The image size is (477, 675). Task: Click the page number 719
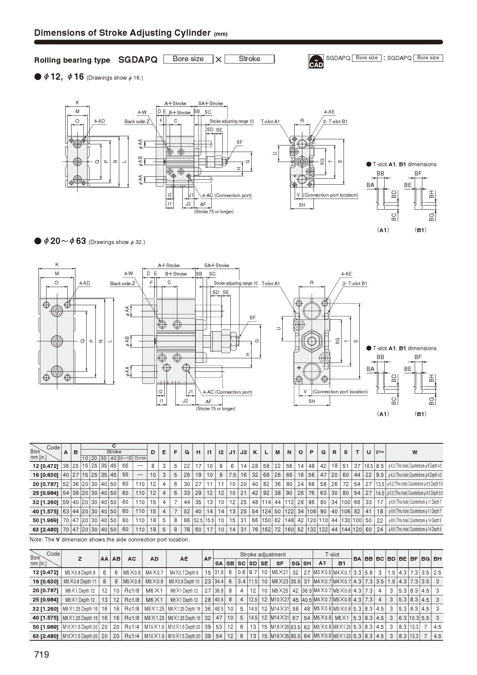[42, 655]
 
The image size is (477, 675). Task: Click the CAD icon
[316, 61]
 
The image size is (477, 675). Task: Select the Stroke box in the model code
[249, 59]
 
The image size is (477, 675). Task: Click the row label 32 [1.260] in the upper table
[45, 502]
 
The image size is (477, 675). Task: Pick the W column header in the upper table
[414, 452]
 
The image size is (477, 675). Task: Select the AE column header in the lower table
[184, 559]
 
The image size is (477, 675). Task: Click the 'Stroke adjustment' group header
[263, 555]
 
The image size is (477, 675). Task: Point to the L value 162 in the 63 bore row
[266, 530]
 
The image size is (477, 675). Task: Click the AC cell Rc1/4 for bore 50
[132, 627]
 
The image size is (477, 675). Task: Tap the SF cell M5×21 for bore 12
[280, 573]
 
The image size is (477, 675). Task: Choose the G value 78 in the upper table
[187, 530]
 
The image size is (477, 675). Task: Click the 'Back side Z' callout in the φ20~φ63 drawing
[122, 284]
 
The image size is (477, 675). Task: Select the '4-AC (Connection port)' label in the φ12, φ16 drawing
[227, 195]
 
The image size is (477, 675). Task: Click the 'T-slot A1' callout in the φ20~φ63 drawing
[271, 284]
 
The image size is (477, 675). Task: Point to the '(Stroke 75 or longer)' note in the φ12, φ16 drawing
[214, 212]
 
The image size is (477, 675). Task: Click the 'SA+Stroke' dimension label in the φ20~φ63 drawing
[217, 266]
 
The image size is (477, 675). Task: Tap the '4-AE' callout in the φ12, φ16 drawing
[329, 112]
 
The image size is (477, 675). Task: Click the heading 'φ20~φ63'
[65, 241]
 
